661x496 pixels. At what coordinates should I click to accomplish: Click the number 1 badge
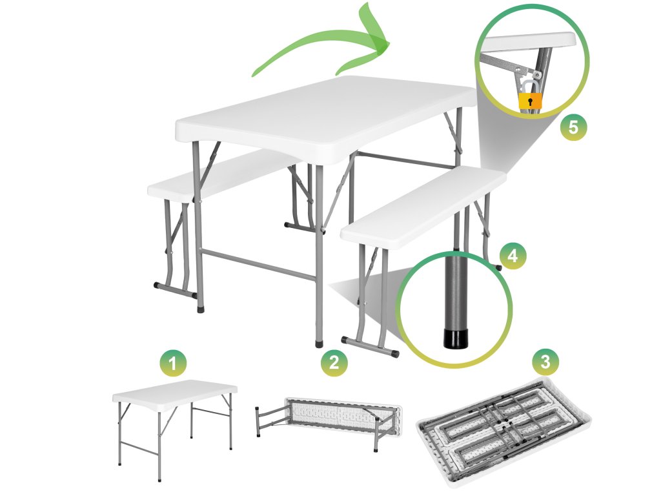pyautogui.click(x=173, y=363)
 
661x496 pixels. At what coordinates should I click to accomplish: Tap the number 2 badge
pyautogui.click(x=334, y=362)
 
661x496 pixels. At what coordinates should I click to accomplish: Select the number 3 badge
pyautogui.click(x=545, y=361)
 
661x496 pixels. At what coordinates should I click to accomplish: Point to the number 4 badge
pyautogui.click(x=513, y=255)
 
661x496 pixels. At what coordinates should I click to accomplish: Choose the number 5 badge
pyautogui.click(x=573, y=127)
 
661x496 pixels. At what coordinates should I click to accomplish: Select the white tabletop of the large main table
pyautogui.click(x=325, y=119)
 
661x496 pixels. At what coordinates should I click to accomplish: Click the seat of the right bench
pyautogui.click(x=423, y=207)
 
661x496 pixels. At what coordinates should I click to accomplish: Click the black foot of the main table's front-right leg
pyautogui.click(x=320, y=344)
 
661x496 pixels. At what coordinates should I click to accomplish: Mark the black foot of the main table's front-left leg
pyautogui.click(x=201, y=309)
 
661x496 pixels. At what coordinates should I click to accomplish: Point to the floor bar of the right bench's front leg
pyautogui.click(x=370, y=346)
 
